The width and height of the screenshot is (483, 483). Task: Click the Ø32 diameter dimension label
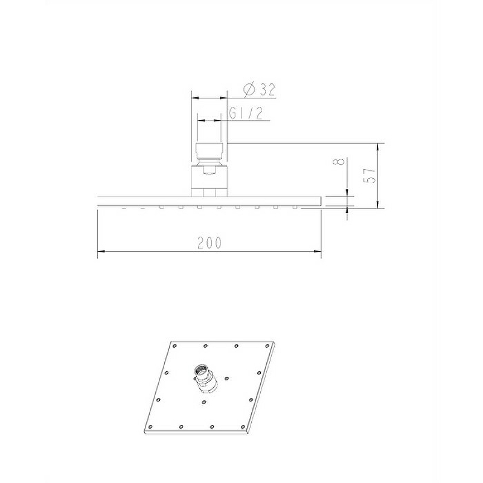(259, 91)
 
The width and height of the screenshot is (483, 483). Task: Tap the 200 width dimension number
(209, 243)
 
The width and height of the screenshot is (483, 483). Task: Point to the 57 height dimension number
(371, 176)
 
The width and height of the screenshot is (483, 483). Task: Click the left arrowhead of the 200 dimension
(101, 252)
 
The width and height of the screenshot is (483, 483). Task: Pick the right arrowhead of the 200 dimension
(318, 252)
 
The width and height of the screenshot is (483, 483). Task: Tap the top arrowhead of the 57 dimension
(378, 146)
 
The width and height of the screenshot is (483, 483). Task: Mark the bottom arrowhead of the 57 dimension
(378, 205)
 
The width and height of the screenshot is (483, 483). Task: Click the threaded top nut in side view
(210, 151)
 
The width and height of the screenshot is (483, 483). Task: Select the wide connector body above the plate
(210, 181)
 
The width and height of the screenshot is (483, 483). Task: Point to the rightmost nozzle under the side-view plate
(295, 207)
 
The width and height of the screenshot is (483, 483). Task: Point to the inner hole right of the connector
(226, 379)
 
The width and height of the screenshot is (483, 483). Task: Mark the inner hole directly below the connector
(203, 400)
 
